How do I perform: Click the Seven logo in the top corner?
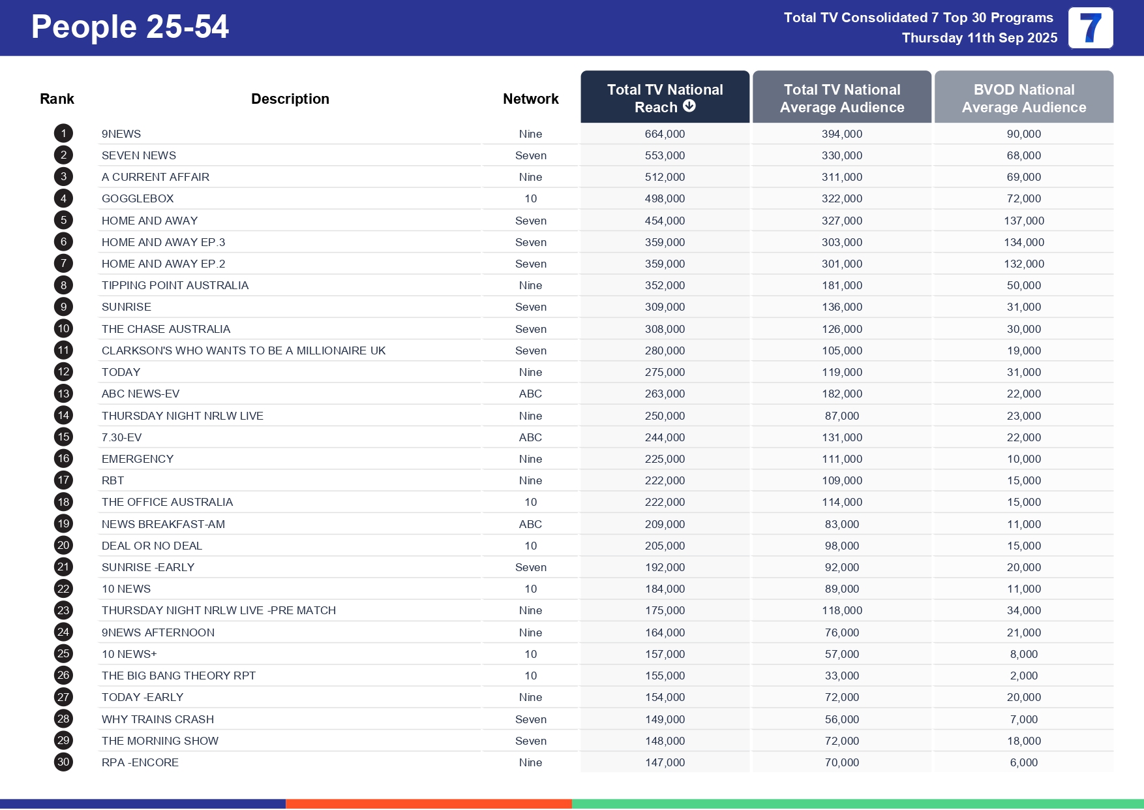pos(1091,28)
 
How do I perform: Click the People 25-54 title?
pos(130,27)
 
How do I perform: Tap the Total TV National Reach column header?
pos(665,98)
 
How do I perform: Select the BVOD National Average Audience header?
pos(1023,98)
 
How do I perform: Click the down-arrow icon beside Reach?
pos(689,106)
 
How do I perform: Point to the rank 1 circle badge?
pos(63,134)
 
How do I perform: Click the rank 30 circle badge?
pos(63,762)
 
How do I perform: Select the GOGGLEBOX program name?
pos(138,198)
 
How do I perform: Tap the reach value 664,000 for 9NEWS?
pos(665,134)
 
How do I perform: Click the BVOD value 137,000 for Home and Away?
pos(1023,221)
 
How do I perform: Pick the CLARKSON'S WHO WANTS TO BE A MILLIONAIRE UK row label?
pos(243,350)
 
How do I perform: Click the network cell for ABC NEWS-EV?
pos(530,394)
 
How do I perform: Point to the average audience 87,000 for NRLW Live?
pos(841,416)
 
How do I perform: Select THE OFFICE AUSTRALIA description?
pos(167,502)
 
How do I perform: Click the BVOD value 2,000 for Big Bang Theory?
pos(1023,676)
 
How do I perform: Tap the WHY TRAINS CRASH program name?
pos(158,719)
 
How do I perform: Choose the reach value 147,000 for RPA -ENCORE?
pos(665,762)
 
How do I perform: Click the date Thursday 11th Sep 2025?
pos(979,38)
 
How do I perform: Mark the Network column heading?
pos(530,99)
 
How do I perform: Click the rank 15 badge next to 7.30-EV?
pos(63,437)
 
